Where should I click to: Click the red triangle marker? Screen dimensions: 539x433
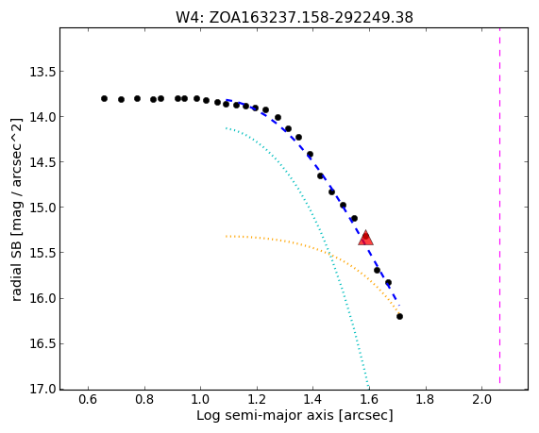coord(365,238)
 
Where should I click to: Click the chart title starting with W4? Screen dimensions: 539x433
coord(295,17)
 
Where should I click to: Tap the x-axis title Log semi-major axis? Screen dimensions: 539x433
coord(295,415)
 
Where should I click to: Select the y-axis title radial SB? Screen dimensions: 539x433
coord(16,209)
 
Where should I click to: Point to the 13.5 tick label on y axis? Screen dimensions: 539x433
coord(42,72)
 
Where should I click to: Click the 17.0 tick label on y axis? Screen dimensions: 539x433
coord(42,390)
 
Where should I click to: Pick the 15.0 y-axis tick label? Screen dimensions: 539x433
coord(42,208)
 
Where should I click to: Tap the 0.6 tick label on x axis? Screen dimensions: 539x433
coord(89,400)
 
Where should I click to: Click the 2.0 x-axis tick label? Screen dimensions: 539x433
coord(482,400)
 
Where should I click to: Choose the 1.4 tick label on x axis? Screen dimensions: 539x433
coord(313,400)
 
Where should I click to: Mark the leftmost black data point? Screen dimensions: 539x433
coord(104,99)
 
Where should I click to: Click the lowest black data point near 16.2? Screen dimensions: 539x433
coord(399,317)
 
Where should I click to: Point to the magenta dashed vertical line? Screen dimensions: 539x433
coord(499,207)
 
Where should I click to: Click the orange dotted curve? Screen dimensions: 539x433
coord(330,255)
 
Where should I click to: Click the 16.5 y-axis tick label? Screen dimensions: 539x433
coord(42,343)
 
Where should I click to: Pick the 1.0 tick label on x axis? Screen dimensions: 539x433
coord(201,400)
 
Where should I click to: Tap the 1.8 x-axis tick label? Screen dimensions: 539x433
coord(426,400)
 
